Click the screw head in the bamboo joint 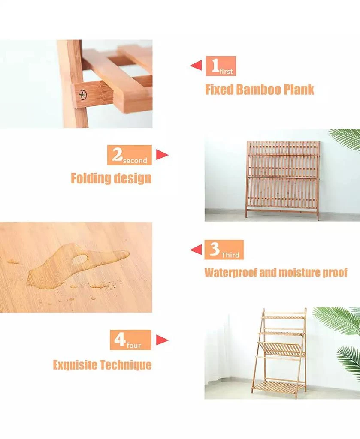(83, 95)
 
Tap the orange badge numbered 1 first (221, 66)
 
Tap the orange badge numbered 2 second (130, 155)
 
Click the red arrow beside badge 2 (162, 154)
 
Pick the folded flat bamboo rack (283, 180)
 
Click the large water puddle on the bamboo (78, 264)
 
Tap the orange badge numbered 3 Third (224, 250)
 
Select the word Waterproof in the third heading (230, 272)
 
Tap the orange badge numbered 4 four (130, 340)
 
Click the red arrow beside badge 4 (162, 340)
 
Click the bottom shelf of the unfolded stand (278, 386)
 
